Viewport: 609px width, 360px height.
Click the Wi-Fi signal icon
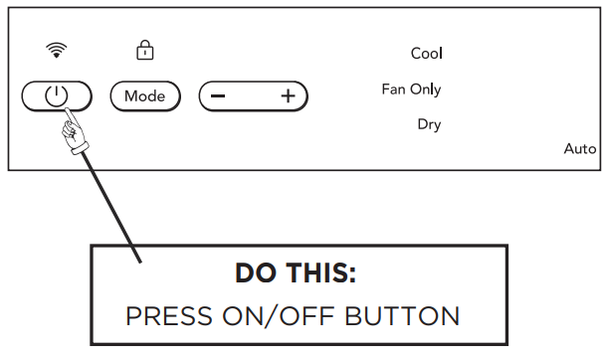tap(57, 50)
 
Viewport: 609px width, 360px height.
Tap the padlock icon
tap(145, 50)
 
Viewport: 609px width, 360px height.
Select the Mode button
tap(145, 95)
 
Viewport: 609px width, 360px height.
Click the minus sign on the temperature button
tap(218, 95)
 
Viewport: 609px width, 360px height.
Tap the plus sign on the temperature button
tap(289, 95)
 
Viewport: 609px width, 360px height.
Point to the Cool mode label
tap(427, 53)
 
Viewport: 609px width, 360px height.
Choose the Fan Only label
tap(411, 90)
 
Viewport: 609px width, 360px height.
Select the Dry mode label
tap(429, 124)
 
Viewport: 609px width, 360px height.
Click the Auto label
tap(580, 149)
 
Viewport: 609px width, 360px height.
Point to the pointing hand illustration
tap(75, 132)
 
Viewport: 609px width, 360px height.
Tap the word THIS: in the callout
tap(321, 272)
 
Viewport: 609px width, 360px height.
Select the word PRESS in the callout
tap(169, 315)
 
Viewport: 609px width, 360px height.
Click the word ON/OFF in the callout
tap(278, 315)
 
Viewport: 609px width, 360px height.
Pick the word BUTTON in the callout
tap(402, 315)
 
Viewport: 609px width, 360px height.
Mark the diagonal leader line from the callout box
tap(111, 208)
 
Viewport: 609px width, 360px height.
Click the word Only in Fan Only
tap(426, 90)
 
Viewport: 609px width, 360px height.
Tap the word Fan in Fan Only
tap(393, 90)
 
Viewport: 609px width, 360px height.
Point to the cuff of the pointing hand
tap(80, 149)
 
